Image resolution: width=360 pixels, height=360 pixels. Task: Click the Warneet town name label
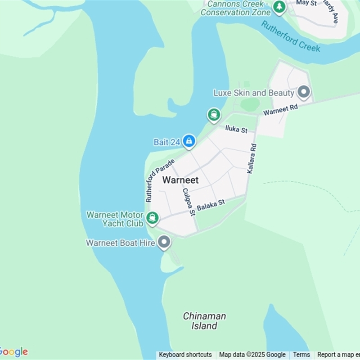click(180, 180)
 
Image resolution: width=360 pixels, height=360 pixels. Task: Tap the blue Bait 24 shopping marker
click(189, 141)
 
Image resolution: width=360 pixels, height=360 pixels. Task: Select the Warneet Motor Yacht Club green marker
click(153, 218)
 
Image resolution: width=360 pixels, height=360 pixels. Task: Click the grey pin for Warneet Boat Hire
click(164, 243)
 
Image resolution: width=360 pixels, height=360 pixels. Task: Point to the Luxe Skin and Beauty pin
click(305, 93)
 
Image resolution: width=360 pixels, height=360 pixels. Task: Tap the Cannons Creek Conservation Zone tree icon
click(280, 7)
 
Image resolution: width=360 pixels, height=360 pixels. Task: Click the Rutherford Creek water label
click(291, 36)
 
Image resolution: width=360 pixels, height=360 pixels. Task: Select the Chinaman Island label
click(204, 321)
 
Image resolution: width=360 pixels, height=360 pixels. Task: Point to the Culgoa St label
click(188, 201)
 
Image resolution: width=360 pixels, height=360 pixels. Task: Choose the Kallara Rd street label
click(252, 159)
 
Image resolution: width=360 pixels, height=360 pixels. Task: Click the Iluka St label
click(236, 130)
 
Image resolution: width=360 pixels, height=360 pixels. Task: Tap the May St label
click(306, 3)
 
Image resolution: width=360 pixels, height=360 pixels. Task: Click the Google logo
click(13, 351)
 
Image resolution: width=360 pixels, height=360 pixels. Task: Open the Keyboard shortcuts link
click(185, 355)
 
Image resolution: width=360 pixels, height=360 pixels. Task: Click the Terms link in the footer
click(301, 355)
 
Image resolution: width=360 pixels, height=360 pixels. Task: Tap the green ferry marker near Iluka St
click(214, 115)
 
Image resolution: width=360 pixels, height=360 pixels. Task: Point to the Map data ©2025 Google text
click(252, 355)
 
